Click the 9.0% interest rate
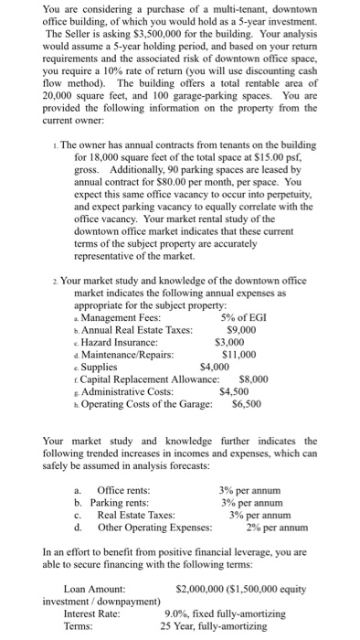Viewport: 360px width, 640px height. pyautogui.click(x=180, y=614)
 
